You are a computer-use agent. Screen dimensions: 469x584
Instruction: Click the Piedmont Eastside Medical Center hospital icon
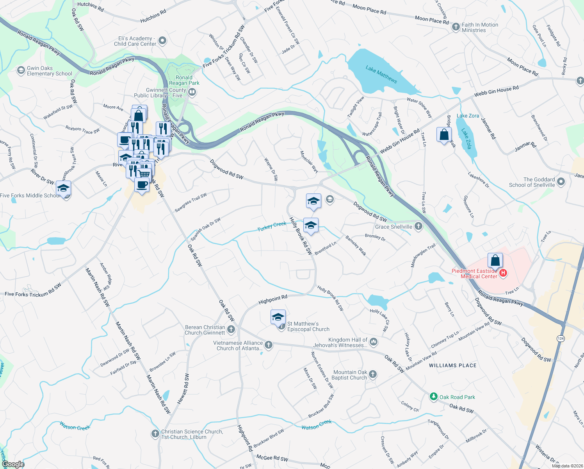pyautogui.click(x=503, y=273)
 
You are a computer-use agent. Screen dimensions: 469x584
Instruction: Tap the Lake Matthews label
pyautogui.click(x=381, y=74)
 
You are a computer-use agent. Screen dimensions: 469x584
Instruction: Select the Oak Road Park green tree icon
pyautogui.click(x=433, y=397)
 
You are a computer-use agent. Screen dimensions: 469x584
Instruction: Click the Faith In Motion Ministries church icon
pyautogui.click(x=456, y=27)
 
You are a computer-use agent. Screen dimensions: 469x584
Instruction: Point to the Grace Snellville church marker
pyautogui.click(x=418, y=226)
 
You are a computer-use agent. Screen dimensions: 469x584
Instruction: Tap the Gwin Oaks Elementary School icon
pyautogui.click(x=21, y=70)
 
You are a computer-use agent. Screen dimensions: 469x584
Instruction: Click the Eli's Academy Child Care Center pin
pyautogui.click(x=163, y=40)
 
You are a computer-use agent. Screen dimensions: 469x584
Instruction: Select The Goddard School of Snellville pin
pyautogui.click(x=561, y=182)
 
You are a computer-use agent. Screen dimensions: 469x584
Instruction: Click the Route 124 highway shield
pyautogui.click(x=561, y=338)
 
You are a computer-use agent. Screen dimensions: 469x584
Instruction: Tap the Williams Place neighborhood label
pyautogui.click(x=452, y=365)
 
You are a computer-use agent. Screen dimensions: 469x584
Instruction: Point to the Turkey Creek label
pyautogui.click(x=272, y=226)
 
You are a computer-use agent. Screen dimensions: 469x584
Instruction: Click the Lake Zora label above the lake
pyautogui.click(x=468, y=116)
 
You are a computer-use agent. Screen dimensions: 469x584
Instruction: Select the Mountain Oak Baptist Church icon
pyautogui.click(x=373, y=374)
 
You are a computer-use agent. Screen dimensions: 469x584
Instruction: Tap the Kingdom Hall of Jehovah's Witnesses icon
pyautogui.click(x=374, y=342)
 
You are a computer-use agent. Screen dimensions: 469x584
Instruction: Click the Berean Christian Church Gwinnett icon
pyautogui.click(x=231, y=329)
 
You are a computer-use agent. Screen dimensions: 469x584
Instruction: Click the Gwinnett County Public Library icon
pyautogui.click(x=192, y=92)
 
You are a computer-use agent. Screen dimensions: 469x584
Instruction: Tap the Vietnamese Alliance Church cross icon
pyautogui.click(x=269, y=345)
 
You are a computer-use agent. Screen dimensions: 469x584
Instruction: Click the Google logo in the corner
pyautogui.click(x=13, y=464)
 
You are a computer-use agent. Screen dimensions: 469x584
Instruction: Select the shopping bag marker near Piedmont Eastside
pyautogui.click(x=495, y=260)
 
